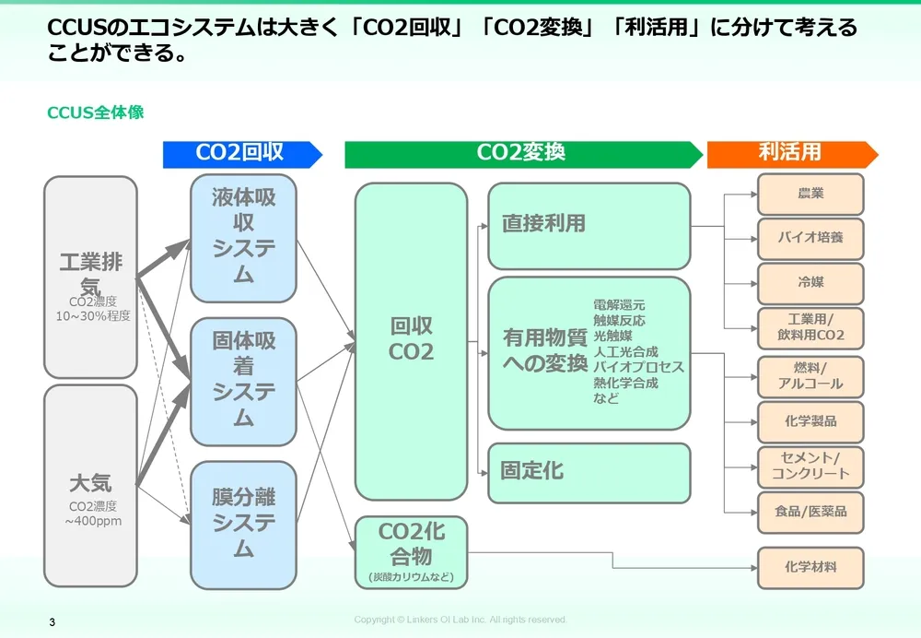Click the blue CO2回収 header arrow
242,154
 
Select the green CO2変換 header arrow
522,154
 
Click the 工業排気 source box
90,277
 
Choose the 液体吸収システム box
243,237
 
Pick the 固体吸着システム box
243,381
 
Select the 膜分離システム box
243,525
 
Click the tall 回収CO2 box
411,340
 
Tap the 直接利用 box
589,225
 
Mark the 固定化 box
589,472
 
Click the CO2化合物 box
411,551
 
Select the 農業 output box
810,194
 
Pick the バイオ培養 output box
810,238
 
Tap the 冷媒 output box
810,283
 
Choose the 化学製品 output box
810,421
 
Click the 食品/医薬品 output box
810,512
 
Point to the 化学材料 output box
810,567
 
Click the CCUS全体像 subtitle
96,113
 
